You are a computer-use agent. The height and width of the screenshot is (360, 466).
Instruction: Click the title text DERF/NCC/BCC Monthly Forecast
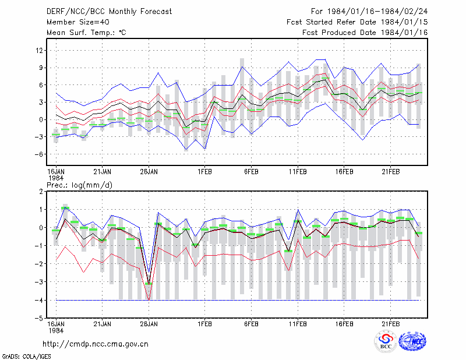point(109,12)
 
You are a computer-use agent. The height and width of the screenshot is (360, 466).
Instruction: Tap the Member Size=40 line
point(78,22)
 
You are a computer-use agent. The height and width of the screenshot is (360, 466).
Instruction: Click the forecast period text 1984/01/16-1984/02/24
point(377,12)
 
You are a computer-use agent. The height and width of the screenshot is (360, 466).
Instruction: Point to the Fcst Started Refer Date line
point(357,22)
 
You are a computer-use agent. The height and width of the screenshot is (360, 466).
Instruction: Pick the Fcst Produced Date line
point(365,33)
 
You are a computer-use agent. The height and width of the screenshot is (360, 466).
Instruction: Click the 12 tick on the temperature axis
point(39,51)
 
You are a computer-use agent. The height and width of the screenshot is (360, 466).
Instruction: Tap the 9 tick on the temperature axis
point(41,68)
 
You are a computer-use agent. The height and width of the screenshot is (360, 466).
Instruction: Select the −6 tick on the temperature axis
point(39,154)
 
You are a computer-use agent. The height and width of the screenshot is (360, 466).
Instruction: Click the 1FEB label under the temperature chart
point(205,172)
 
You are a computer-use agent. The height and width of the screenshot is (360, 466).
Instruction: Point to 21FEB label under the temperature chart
point(390,172)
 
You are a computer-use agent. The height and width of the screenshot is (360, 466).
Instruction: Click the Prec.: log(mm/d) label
point(79,185)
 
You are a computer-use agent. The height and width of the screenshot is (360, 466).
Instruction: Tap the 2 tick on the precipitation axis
point(41,192)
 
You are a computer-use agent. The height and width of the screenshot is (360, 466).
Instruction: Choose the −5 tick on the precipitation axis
point(39,319)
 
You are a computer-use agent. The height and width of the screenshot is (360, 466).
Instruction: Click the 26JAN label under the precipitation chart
point(149,324)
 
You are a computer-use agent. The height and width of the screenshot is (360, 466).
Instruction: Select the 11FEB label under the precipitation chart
point(298,324)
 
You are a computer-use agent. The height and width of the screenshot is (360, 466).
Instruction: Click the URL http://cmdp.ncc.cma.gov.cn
point(96,344)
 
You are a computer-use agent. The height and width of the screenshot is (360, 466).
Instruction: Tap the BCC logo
point(386,341)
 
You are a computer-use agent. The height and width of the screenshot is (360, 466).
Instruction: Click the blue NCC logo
point(412,341)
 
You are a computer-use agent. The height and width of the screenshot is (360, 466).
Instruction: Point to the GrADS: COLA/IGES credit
point(26,357)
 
